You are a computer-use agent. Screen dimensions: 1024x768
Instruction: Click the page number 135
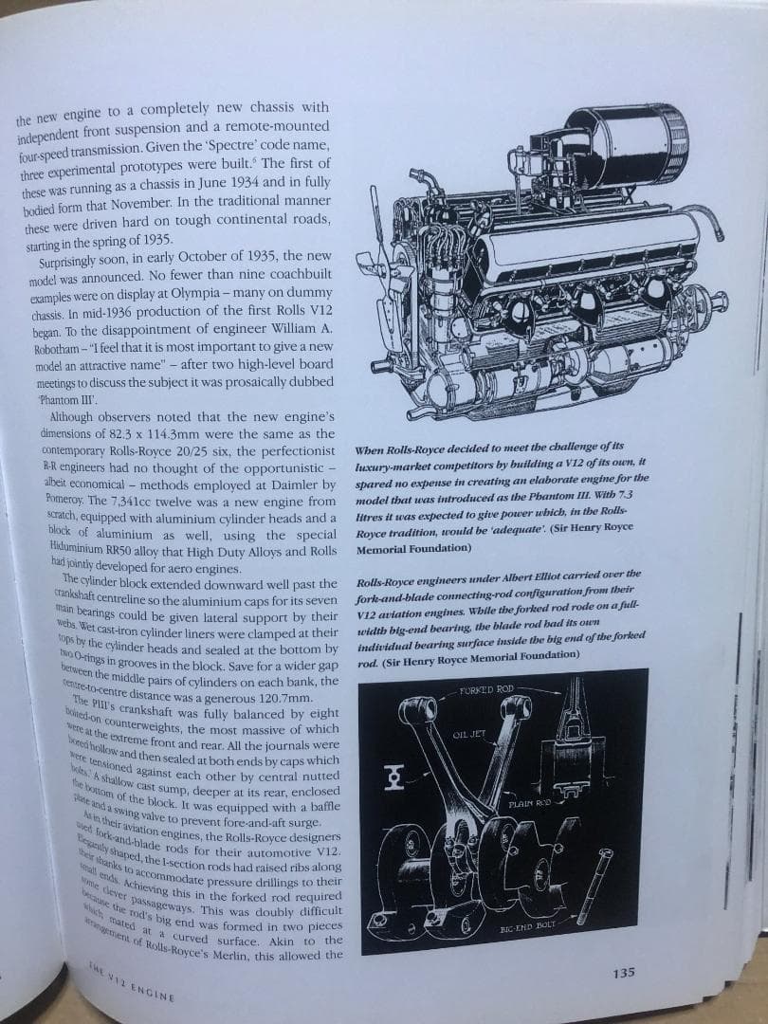(622, 972)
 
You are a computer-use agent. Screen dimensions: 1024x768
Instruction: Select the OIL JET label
(470, 735)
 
